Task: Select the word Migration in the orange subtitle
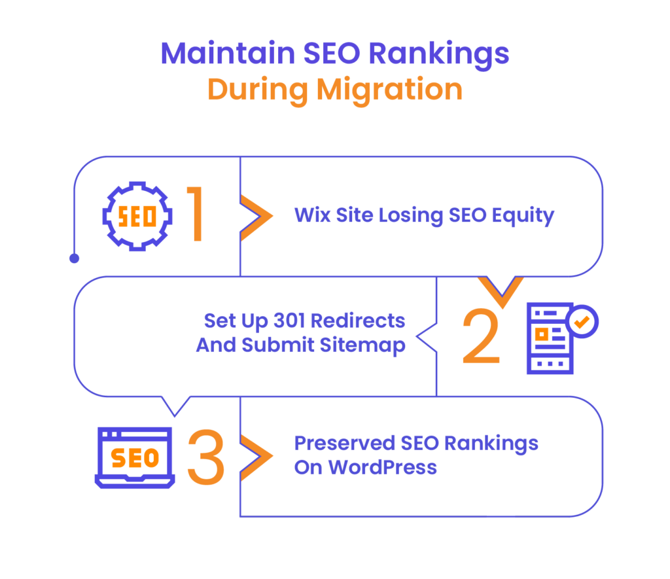tap(389, 90)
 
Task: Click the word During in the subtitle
tap(257, 90)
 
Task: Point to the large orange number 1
tap(196, 215)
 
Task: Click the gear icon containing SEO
tap(137, 217)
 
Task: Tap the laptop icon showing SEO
tap(135, 457)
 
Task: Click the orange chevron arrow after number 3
tap(256, 457)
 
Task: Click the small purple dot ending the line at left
tap(74, 259)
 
